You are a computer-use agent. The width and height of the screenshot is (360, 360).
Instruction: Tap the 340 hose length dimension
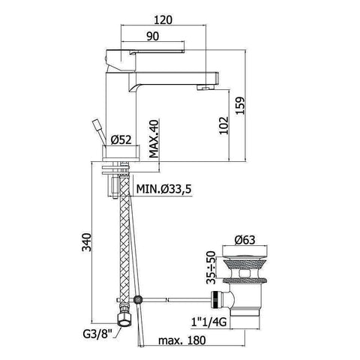click(88, 244)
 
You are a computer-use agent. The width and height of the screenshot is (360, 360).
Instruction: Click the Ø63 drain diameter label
click(245, 241)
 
